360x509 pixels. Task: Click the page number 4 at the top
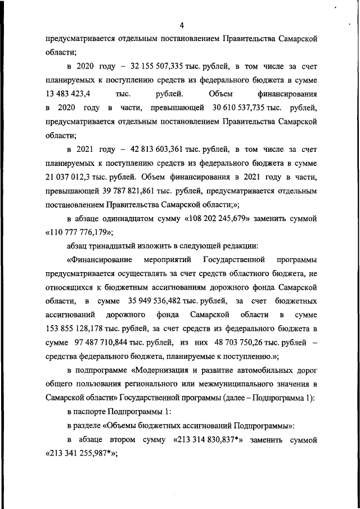point(182,24)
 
